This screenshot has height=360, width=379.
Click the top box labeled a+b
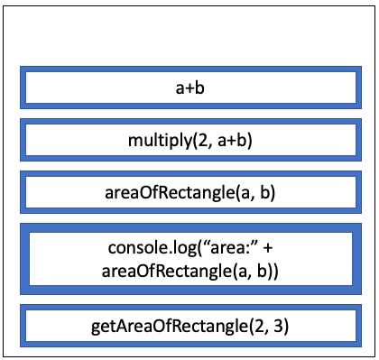point(189,88)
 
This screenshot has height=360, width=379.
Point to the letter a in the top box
point(179,88)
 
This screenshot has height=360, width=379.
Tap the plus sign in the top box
point(189,88)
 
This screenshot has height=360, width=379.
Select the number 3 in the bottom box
point(276,324)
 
